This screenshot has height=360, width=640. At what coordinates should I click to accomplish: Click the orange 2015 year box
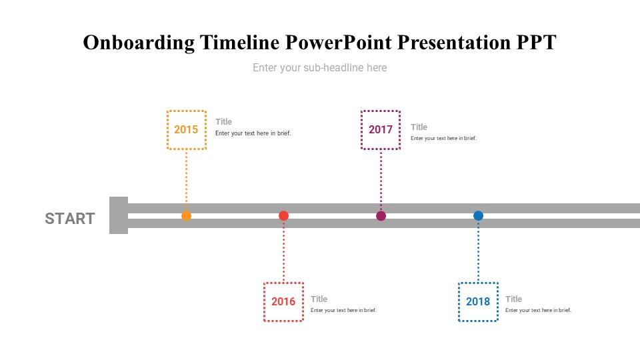pyautogui.click(x=186, y=130)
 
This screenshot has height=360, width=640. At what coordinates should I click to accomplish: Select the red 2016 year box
pyautogui.click(x=283, y=302)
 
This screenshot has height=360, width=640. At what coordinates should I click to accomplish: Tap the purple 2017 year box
pyautogui.click(x=381, y=130)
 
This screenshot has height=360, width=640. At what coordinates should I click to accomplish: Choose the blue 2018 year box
pyautogui.click(x=478, y=302)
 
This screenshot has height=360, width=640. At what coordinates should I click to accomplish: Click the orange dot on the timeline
pyautogui.click(x=186, y=215)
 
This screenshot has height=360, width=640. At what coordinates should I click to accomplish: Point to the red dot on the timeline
pyautogui.click(x=283, y=215)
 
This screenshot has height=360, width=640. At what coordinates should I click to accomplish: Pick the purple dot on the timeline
pyautogui.click(x=381, y=215)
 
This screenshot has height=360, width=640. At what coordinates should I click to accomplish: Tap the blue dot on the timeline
pyautogui.click(x=478, y=215)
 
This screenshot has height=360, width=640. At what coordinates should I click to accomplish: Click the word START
pyautogui.click(x=70, y=219)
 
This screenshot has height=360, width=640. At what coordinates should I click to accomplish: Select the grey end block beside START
pyautogui.click(x=118, y=215)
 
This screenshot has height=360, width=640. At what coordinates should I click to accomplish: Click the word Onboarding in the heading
pyautogui.click(x=139, y=43)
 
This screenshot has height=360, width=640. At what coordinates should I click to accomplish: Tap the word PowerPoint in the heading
pyautogui.click(x=340, y=43)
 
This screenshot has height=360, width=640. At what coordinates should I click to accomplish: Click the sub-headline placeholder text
pyautogui.click(x=319, y=67)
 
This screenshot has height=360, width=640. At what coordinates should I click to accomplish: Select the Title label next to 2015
pyautogui.click(x=223, y=121)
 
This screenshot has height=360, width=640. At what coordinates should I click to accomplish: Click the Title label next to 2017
pyautogui.click(x=419, y=127)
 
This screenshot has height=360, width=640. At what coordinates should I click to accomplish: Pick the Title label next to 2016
pyautogui.click(x=319, y=299)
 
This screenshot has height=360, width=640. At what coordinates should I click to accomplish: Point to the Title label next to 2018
pyautogui.click(x=513, y=299)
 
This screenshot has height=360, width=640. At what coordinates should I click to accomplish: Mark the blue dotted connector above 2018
pyautogui.click(x=478, y=252)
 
